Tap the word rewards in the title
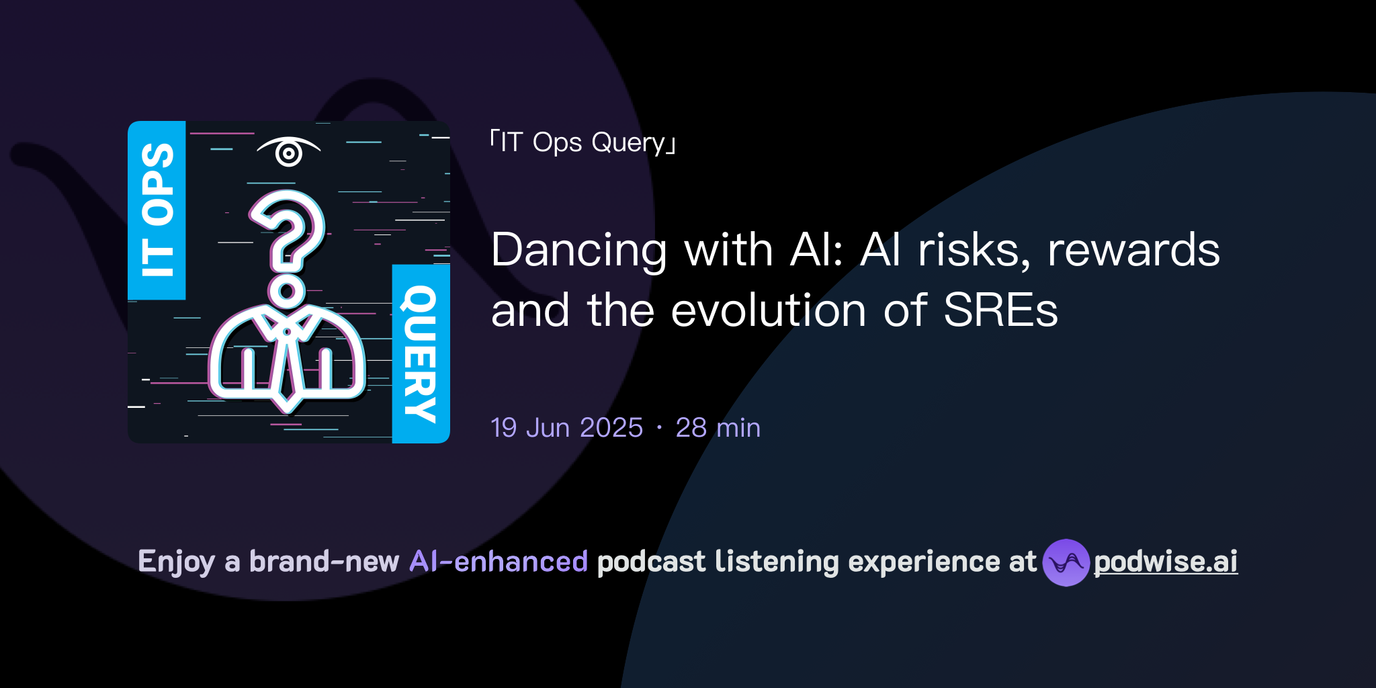[x=1133, y=250]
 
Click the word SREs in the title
[x=1000, y=310]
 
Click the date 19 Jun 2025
[x=566, y=428]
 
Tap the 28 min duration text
[x=718, y=428]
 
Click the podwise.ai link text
[x=1166, y=562]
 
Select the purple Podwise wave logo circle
[x=1066, y=562]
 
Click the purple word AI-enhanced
[x=499, y=562]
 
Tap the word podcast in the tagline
[x=651, y=562]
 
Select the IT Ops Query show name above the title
[x=583, y=142]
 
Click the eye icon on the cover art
[x=289, y=152]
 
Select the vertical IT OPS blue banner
[x=157, y=210]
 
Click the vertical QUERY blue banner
[x=421, y=353]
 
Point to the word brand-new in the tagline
[x=325, y=562]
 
